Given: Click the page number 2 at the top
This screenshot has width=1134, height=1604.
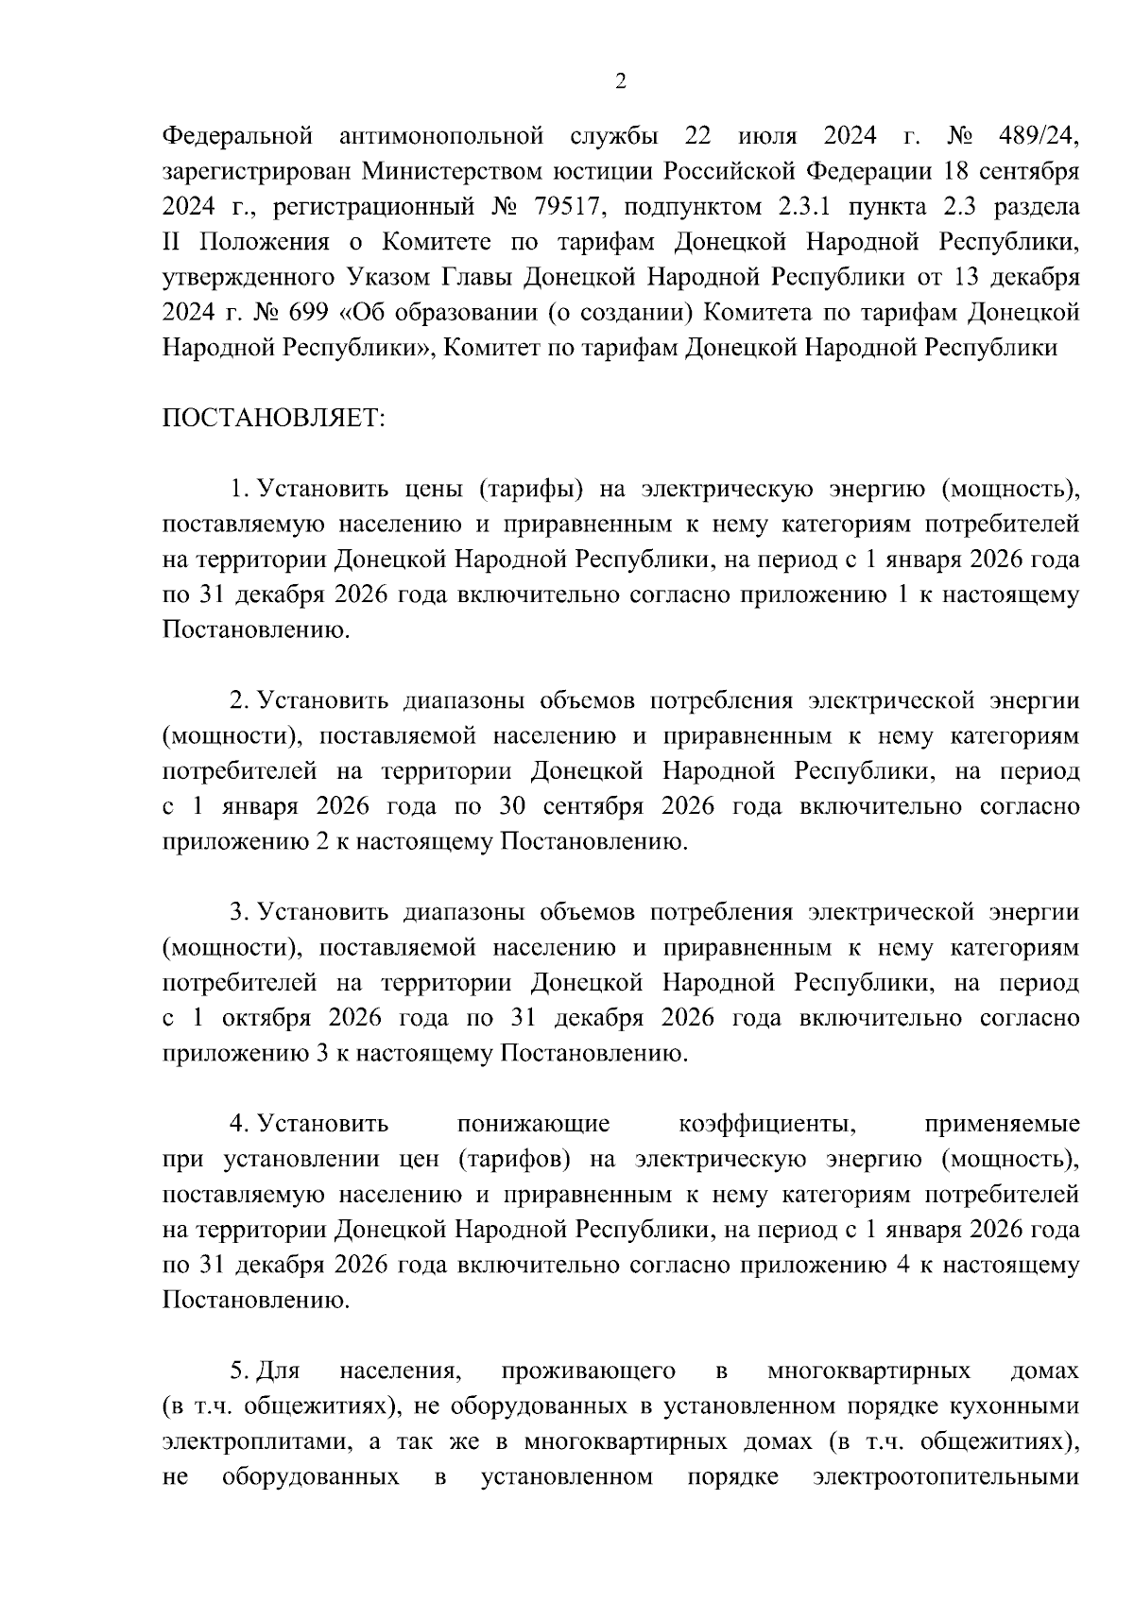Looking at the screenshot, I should [620, 81].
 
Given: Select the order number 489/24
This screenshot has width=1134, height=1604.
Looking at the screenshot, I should [1038, 137].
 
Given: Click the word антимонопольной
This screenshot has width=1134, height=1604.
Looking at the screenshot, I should [441, 137].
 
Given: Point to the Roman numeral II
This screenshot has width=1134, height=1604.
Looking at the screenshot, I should [171, 243].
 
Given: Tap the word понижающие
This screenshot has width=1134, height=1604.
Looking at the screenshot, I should [533, 1124].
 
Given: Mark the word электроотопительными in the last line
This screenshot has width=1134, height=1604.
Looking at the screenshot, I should [945, 1476].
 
